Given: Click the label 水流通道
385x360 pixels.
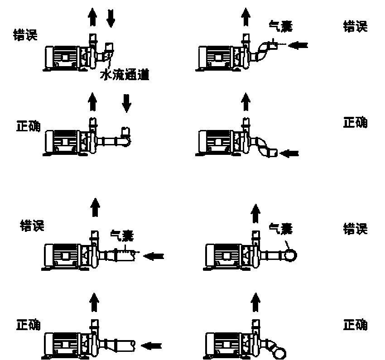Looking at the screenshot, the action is click(x=125, y=75).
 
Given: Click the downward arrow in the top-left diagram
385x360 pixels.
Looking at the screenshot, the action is click(x=111, y=18).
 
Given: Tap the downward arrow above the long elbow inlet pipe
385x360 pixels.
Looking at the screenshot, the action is click(x=126, y=103).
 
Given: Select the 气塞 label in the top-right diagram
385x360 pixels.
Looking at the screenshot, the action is click(x=281, y=27).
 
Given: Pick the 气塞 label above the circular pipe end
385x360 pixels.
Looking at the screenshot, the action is click(x=281, y=229).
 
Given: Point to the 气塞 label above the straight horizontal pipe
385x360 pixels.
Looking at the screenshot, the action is click(x=122, y=235).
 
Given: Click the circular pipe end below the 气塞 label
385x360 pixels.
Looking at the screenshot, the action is click(x=291, y=255).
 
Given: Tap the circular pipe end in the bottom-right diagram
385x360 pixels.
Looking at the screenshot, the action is click(x=280, y=353).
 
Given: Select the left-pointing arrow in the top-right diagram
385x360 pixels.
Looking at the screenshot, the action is click(x=298, y=45).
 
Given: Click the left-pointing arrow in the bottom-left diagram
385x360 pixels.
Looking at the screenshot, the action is click(x=151, y=346).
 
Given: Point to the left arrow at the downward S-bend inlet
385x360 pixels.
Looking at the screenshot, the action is click(x=289, y=154).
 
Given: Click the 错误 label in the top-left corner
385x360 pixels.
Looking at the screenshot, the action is click(x=25, y=35).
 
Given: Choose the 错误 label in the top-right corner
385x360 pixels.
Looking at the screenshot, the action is click(x=355, y=27).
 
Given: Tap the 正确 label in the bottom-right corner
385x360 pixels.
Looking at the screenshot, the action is click(x=355, y=325).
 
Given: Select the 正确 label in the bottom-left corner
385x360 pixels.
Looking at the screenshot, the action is click(x=28, y=325).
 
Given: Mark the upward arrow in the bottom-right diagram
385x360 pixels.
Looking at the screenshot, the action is click(x=255, y=302).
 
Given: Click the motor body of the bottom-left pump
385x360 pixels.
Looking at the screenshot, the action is click(x=62, y=344).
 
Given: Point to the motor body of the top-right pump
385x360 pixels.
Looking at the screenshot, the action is click(x=215, y=58).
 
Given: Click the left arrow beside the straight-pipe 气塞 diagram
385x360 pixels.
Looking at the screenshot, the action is click(x=154, y=256).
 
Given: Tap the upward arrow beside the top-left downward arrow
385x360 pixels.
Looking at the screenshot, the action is click(x=92, y=17).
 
